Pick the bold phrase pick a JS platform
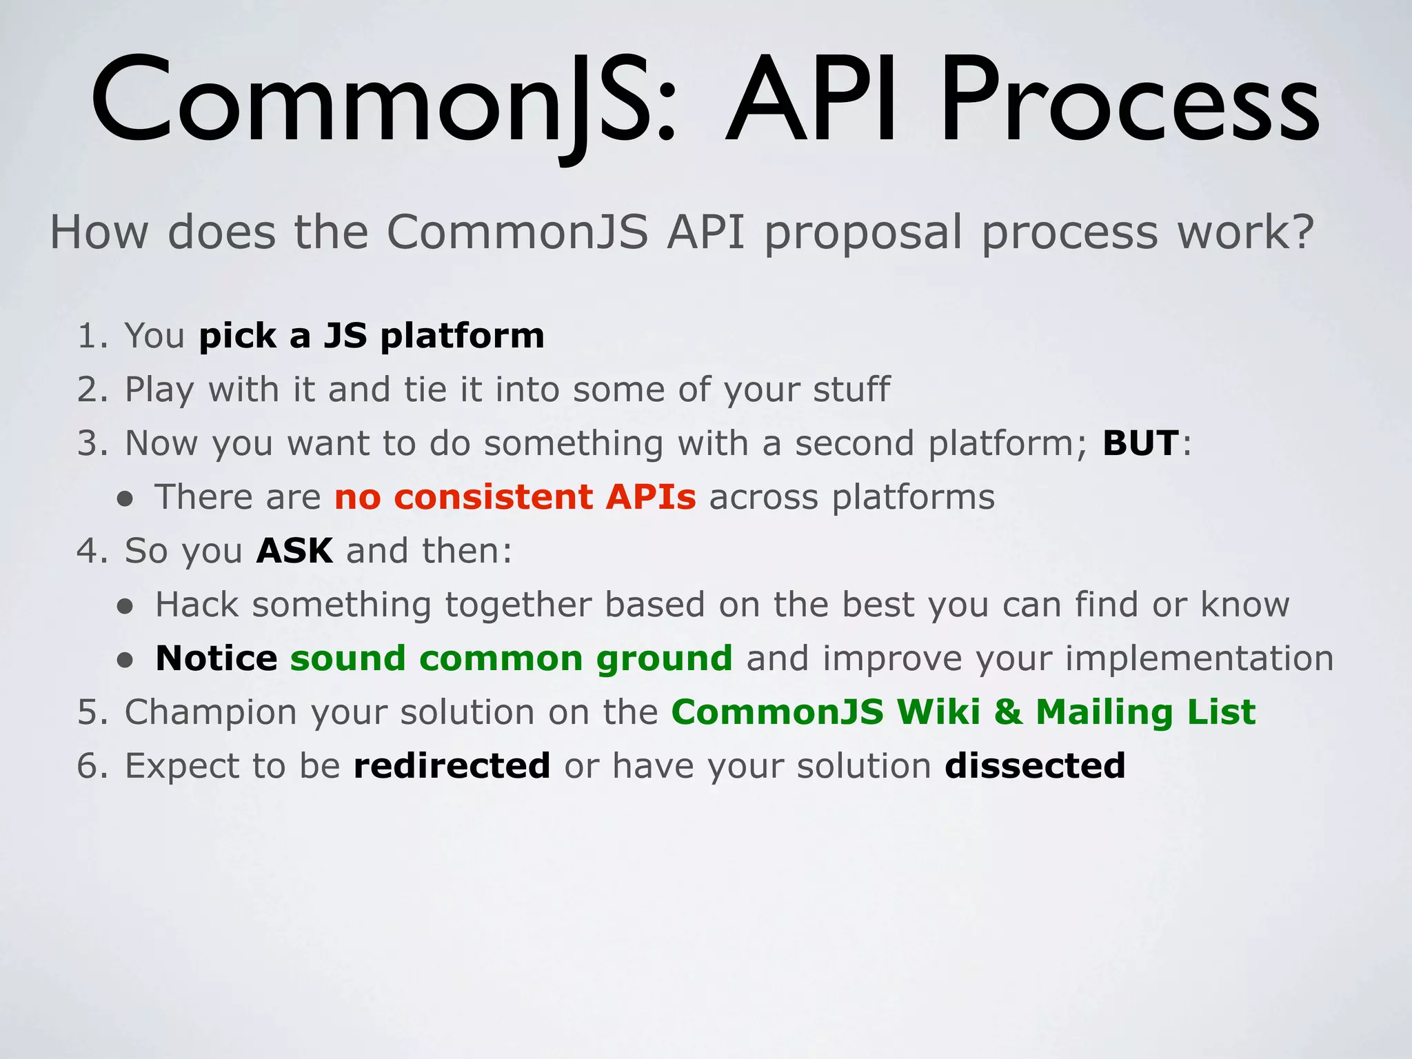pos(372,336)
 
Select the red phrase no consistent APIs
pos(515,497)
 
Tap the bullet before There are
pos(125,499)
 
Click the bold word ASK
pos(294,551)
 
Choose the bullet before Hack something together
pos(125,607)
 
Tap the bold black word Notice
pos(216,658)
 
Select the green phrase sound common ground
pos(511,658)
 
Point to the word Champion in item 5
pos(210,712)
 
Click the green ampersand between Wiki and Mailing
pos(1007,712)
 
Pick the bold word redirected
pos(452,766)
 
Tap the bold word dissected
pos(1035,766)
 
